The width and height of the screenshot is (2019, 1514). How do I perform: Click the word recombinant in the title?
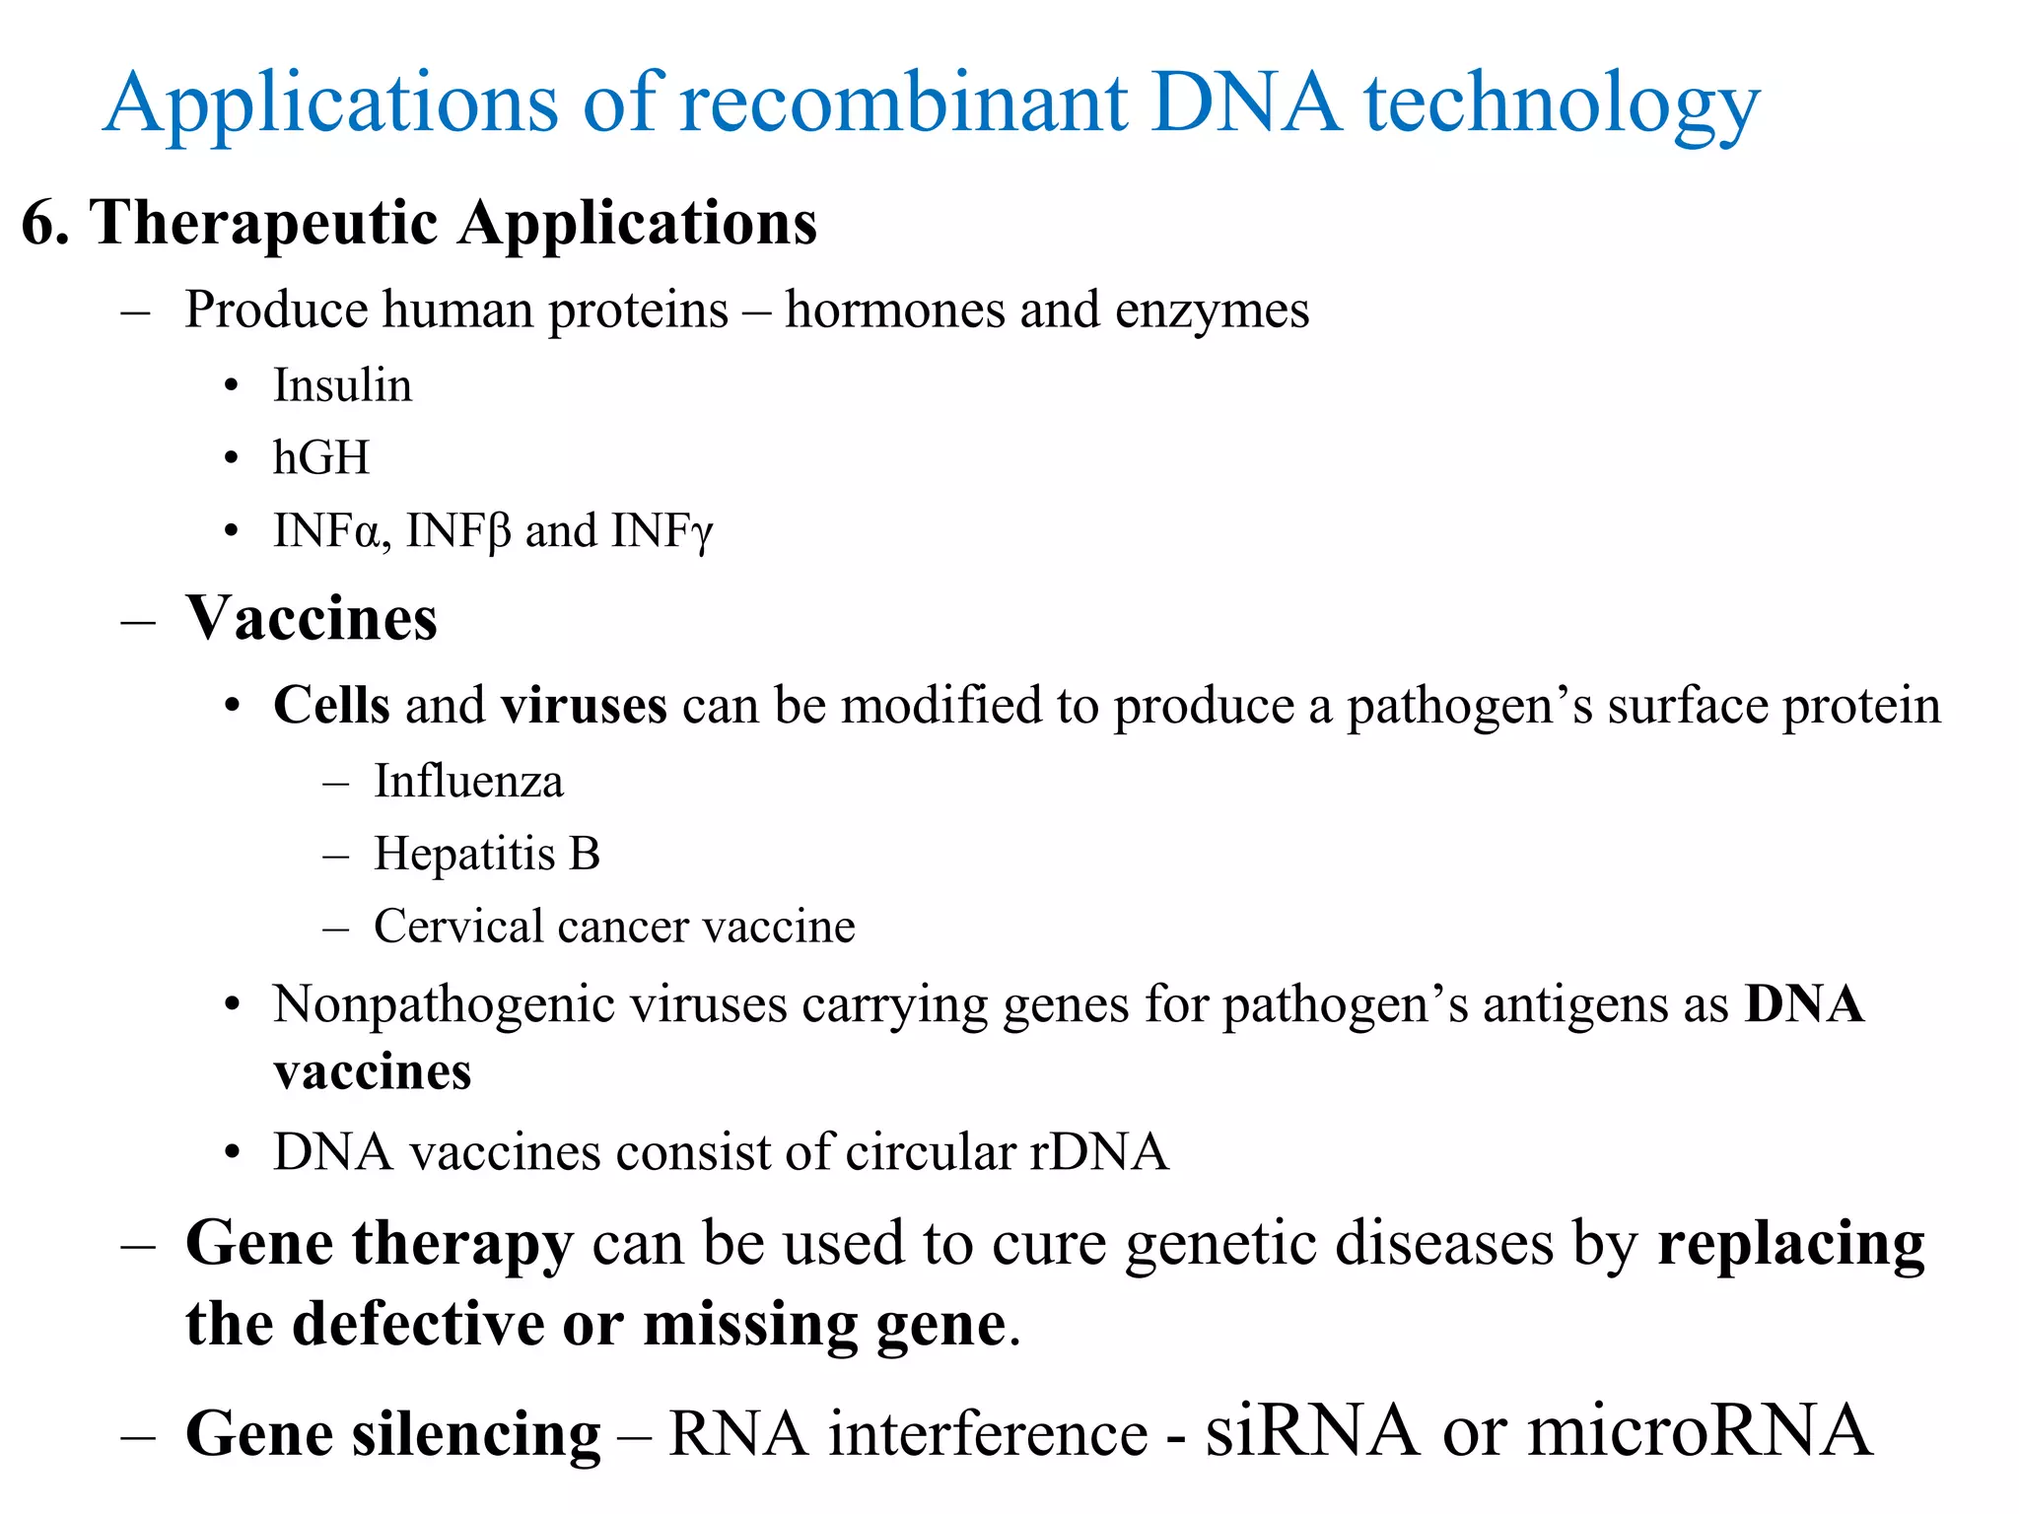click(x=903, y=103)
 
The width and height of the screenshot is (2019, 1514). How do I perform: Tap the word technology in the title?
click(x=1562, y=103)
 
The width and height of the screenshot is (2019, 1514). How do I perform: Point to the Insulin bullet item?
click(x=342, y=385)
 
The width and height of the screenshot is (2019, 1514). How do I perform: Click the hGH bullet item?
click(x=321, y=458)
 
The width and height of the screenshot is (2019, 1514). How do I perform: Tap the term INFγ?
click(x=661, y=532)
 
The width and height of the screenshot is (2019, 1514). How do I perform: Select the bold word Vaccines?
click(x=311, y=619)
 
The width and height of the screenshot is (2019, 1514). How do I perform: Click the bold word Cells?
click(x=331, y=706)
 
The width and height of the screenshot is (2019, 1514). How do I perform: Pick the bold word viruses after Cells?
click(x=584, y=706)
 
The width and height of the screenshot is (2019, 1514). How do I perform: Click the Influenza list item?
click(x=468, y=782)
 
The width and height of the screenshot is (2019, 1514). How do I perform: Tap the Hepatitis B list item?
click(x=486, y=854)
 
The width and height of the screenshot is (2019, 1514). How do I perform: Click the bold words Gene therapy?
click(x=379, y=1244)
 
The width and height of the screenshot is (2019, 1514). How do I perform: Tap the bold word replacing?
click(x=1790, y=1244)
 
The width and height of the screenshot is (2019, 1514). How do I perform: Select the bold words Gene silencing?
click(x=392, y=1434)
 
